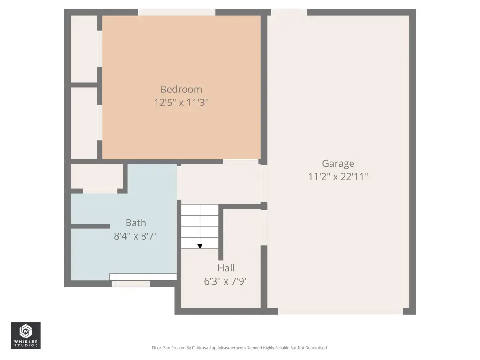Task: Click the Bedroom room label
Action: (x=181, y=90)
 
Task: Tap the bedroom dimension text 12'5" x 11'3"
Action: (x=181, y=102)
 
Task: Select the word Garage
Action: (x=338, y=164)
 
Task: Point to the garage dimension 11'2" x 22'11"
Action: (x=338, y=177)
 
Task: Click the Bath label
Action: (x=136, y=223)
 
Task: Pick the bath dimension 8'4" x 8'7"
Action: (x=136, y=236)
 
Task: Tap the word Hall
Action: (x=226, y=268)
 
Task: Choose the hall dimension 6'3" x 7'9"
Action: (x=226, y=281)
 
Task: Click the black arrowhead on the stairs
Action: (x=200, y=246)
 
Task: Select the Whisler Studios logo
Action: (x=26, y=335)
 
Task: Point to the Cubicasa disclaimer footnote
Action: (x=240, y=348)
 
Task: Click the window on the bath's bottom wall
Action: (x=131, y=284)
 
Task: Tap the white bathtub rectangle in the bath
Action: (x=143, y=277)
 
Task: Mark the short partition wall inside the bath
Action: (x=90, y=226)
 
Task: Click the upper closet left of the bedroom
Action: (x=84, y=49)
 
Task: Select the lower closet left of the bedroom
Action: (x=84, y=123)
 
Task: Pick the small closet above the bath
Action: (x=97, y=176)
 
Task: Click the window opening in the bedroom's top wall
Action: (x=177, y=12)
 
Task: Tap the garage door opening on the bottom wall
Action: (x=340, y=311)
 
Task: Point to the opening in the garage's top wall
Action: (x=289, y=12)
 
